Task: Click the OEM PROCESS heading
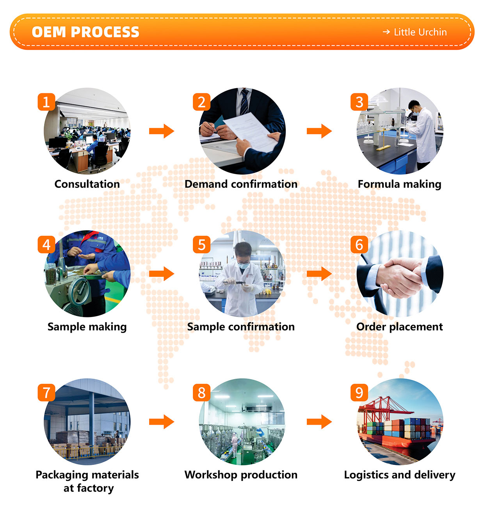[85, 32]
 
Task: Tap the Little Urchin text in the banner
[420, 32]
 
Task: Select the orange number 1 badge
[46, 102]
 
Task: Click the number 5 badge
[201, 245]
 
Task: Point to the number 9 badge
[359, 393]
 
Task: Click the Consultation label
[87, 184]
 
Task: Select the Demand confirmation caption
[241, 184]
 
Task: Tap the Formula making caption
[399, 184]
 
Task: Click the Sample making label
[87, 327]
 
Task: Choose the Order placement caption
[399, 327]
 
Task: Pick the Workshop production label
[241, 475]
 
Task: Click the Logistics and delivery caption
[399, 475]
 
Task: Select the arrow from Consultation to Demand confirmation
[161, 131]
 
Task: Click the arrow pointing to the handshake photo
[319, 273]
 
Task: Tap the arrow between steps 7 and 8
[161, 422]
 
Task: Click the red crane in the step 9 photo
[386, 406]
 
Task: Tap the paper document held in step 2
[250, 129]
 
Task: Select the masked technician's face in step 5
[244, 260]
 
